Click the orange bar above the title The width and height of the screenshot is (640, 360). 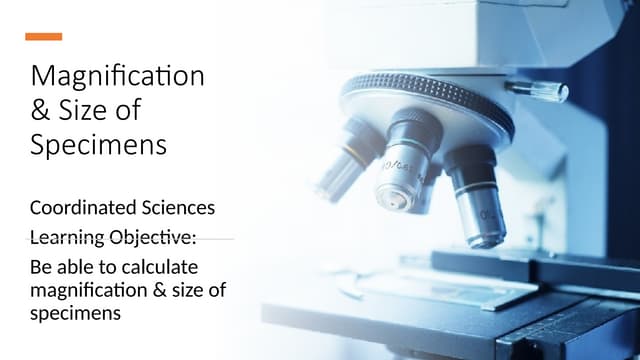tap(43, 37)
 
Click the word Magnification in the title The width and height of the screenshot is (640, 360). tap(118, 76)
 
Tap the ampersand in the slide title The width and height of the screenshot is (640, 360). tap(43, 111)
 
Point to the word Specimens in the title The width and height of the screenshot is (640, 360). tap(98, 146)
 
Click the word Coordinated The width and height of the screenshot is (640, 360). tap(77, 209)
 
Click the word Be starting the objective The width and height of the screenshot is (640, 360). tap(41, 268)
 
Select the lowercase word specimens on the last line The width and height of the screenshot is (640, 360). tap(75, 312)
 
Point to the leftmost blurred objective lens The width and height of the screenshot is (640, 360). tap(340, 165)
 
